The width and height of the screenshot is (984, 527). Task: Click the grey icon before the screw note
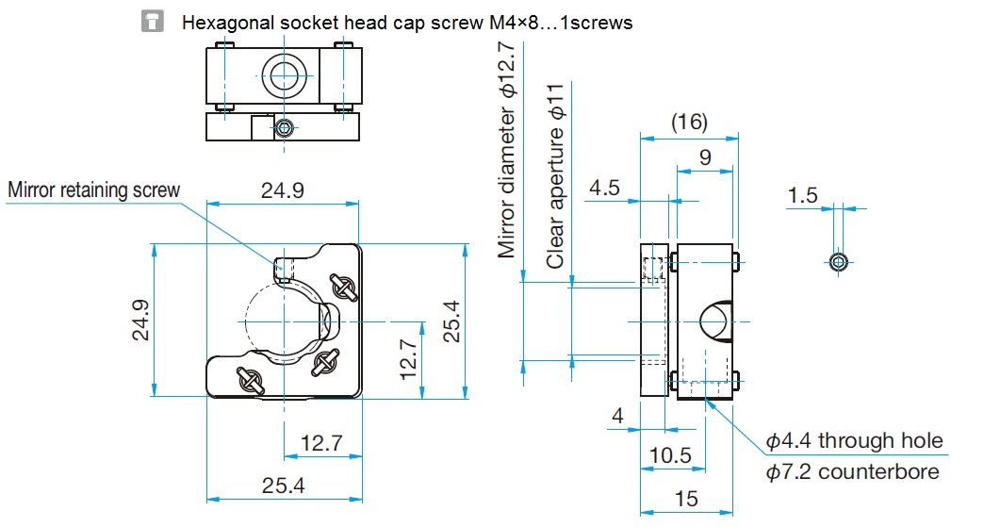(153, 22)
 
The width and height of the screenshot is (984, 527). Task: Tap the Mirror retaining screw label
(94, 190)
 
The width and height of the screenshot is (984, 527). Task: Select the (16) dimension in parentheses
(689, 122)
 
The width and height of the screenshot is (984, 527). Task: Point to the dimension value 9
(705, 157)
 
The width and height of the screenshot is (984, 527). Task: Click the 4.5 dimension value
(604, 188)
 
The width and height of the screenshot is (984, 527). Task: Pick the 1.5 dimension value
(803, 195)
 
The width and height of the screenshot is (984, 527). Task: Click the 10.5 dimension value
(670, 454)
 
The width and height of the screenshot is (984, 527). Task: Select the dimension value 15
(686, 499)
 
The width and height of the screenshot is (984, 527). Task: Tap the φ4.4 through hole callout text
(854, 440)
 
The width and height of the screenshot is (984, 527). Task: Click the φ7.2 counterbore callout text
(853, 471)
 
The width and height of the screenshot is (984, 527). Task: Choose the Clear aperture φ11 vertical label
(555, 176)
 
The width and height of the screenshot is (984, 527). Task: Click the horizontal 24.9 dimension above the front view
(283, 190)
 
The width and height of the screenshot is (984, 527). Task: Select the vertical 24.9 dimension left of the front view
(140, 320)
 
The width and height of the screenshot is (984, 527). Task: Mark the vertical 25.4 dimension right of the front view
(451, 321)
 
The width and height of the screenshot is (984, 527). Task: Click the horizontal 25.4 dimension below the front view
(284, 485)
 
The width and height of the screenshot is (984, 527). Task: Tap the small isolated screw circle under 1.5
(839, 262)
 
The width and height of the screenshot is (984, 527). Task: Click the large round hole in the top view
(285, 75)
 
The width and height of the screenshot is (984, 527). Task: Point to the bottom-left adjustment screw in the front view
(250, 380)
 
